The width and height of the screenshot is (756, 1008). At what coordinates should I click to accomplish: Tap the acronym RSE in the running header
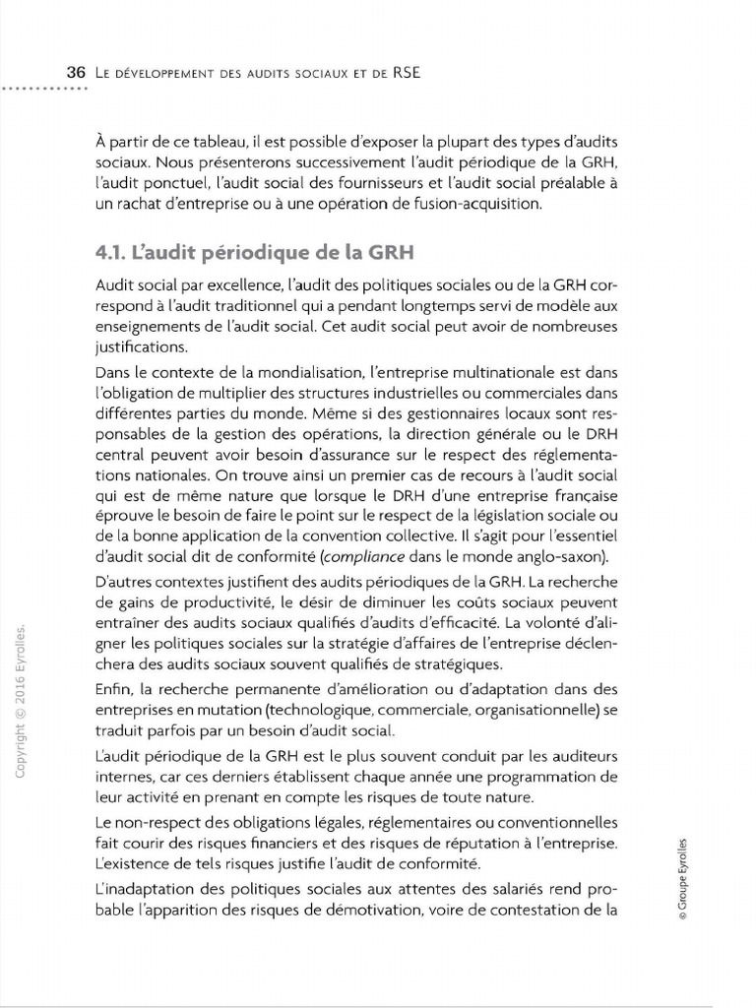pyautogui.click(x=405, y=73)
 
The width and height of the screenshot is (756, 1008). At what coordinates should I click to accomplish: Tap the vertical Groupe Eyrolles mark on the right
pyautogui.click(x=683, y=876)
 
